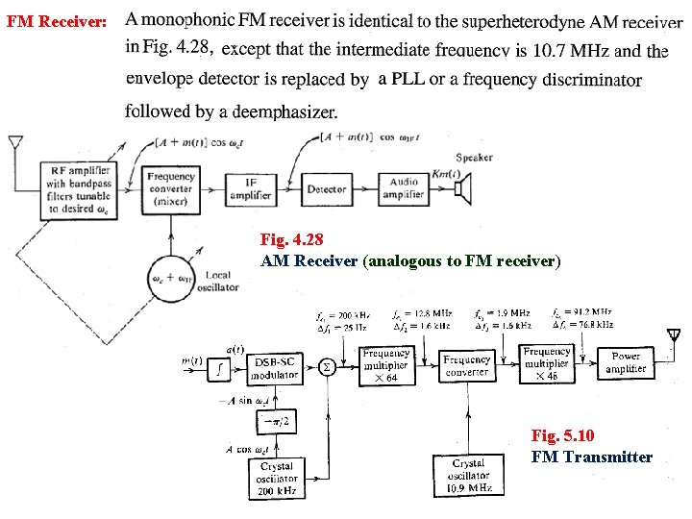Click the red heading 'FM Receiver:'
[57, 20]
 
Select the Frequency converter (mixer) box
[171, 189]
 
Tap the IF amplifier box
[250, 188]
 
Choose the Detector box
[326, 189]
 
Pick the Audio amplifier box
[405, 188]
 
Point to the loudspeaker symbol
[465, 188]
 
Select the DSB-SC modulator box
[275, 368]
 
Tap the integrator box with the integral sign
[221, 366]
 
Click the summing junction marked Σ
[327, 366]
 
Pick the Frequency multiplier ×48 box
[547, 364]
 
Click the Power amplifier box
[626, 362]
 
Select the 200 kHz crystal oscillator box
[277, 478]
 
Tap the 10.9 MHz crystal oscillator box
[468, 475]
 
